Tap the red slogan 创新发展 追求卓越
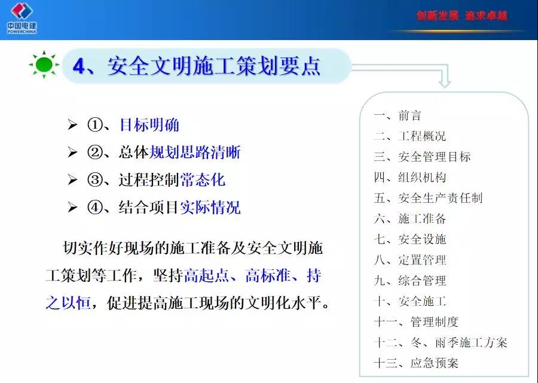click(x=462, y=16)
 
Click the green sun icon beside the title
click(x=44, y=64)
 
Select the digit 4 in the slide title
click(x=79, y=66)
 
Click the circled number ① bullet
click(x=95, y=124)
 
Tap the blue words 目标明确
click(x=149, y=124)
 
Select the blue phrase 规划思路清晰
click(x=195, y=152)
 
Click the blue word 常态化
click(x=203, y=180)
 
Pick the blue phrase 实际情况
click(x=210, y=207)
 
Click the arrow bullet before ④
click(x=72, y=207)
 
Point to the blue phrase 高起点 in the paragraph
click(x=207, y=275)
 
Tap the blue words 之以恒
click(x=68, y=303)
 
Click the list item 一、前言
click(x=398, y=115)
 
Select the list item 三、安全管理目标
click(x=422, y=157)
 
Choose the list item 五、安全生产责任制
click(x=428, y=198)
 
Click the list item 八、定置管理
click(x=409, y=260)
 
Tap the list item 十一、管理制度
click(x=416, y=321)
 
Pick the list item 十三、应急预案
click(x=416, y=363)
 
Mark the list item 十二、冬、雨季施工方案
click(x=441, y=342)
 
